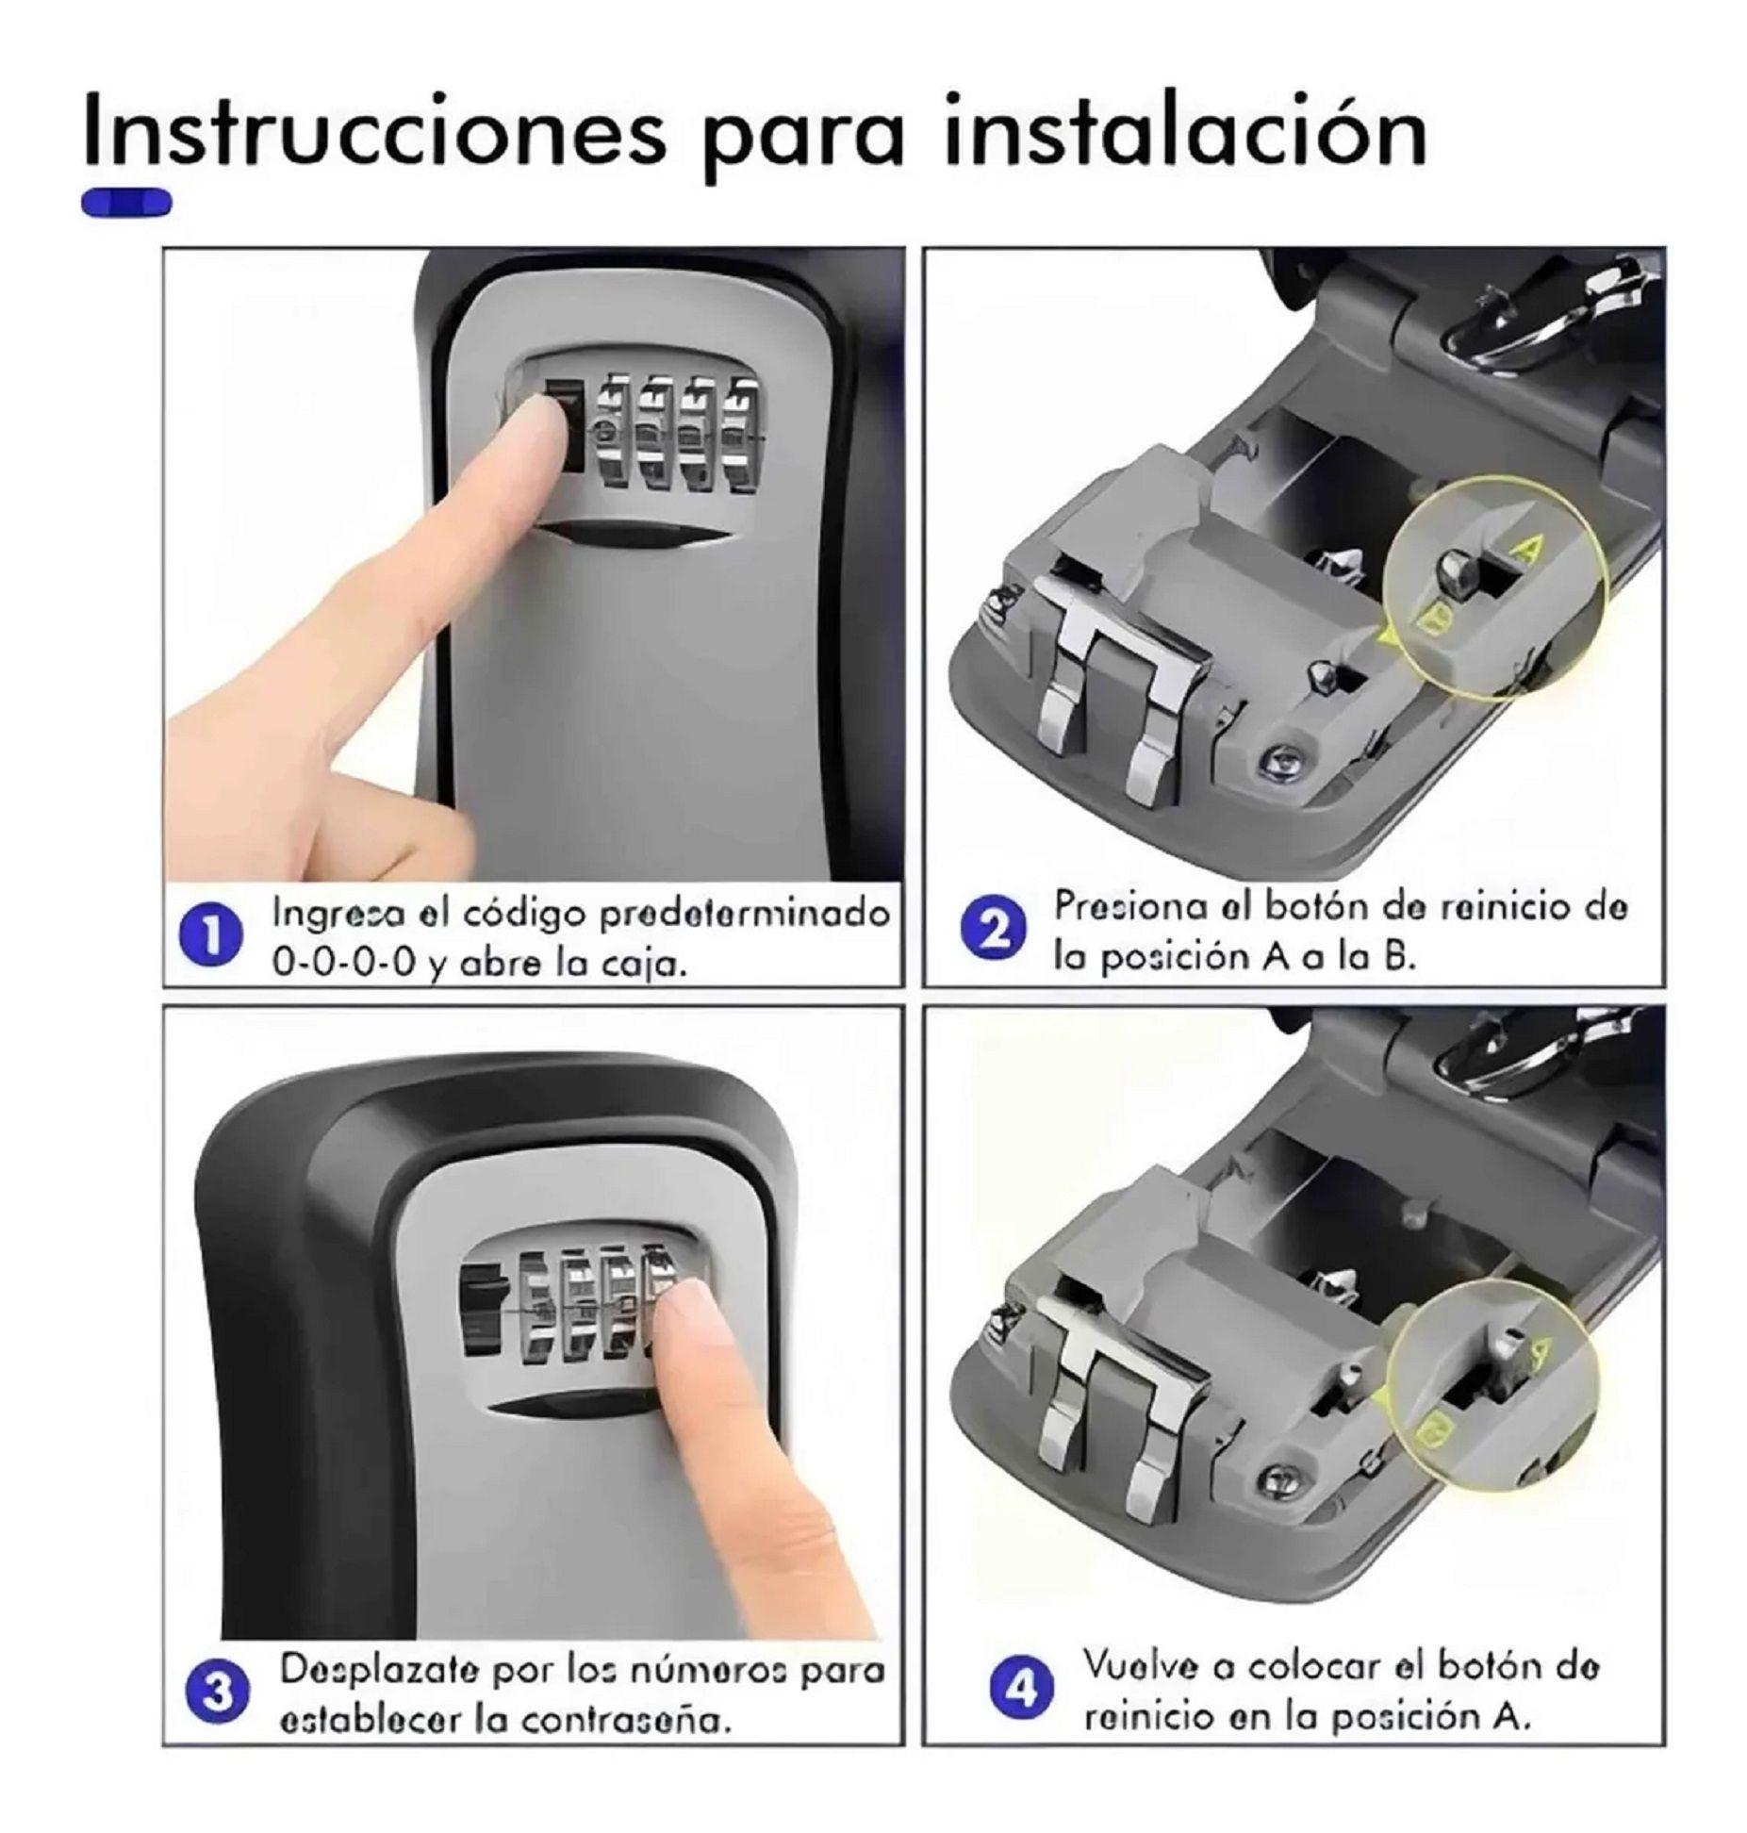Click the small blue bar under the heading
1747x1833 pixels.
point(126,202)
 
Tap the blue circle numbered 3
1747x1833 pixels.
point(219,1693)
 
